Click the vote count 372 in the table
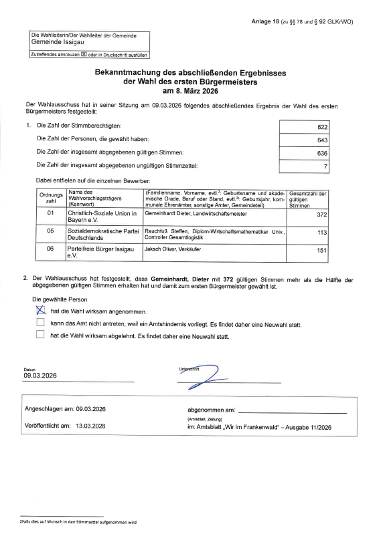(x=321, y=215)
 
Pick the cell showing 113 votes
(x=321, y=233)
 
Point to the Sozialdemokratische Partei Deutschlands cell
(x=102, y=234)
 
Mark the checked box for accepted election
(x=40, y=311)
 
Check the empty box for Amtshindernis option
(x=40, y=323)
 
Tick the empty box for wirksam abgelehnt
(x=40, y=335)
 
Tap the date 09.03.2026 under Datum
(x=41, y=376)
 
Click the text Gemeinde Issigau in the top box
(x=56, y=41)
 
